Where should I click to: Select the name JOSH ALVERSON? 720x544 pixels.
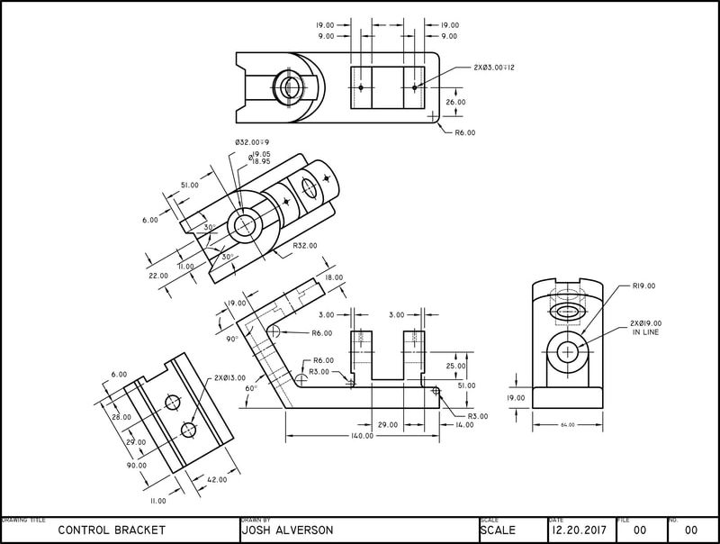(x=286, y=530)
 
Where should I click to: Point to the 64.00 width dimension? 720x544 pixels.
(x=568, y=424)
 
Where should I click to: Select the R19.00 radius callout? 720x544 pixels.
(x=643, y=286)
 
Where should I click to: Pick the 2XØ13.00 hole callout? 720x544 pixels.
(x=230, y=378)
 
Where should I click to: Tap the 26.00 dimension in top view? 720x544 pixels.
(x=456, y=102)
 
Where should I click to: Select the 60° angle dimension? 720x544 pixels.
(x=250, y=388)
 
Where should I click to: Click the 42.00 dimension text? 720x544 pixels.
(x=216, y=480)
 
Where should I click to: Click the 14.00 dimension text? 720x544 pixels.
(x=464, y=423)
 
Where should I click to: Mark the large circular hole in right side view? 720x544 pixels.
(x=568, y=350)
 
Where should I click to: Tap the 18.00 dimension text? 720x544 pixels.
(x=334, y=278)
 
